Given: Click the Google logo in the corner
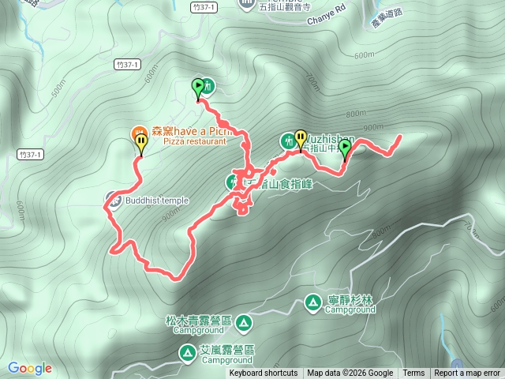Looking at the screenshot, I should (30, 368).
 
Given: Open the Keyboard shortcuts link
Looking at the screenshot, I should (264, 373).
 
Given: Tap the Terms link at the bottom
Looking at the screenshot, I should (413, 373).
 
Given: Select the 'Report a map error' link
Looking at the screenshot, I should (467, 373).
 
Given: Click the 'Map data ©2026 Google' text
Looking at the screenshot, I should (350, 373).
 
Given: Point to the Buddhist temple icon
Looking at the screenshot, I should (113, 201).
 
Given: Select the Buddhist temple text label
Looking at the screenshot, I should (157, 201).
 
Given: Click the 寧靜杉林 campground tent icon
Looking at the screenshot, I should (313, 302).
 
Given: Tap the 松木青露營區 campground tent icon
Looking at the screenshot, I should (244, 322).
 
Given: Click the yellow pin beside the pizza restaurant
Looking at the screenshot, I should (140, 143).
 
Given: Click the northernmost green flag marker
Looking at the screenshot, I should (197, 88).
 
